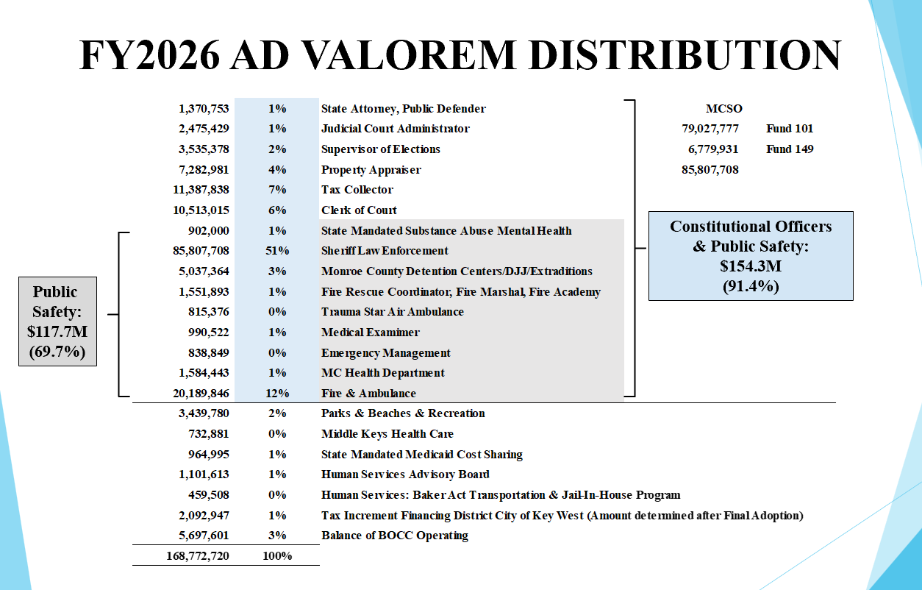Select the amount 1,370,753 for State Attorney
click(204, 109)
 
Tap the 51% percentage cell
click(277, 251)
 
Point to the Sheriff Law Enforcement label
click(385, 251)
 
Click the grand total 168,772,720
click(198, 556)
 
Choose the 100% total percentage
click(277, 556)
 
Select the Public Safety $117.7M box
click(57, 322)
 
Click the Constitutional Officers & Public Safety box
click(751, 256)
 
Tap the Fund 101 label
click(790, 129)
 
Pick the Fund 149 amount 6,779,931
click(710, 149)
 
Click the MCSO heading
click(724, 109)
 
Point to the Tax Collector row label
click(357, 190)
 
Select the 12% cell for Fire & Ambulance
click(277, 394)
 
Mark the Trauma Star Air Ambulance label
click(393, 312)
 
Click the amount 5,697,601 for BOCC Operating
click(204, 536)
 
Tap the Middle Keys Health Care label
click(387, 434)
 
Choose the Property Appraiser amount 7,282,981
click(204, 170)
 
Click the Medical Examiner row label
click(371, 333)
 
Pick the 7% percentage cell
click(277, 190)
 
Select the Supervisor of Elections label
click(381, 149)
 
